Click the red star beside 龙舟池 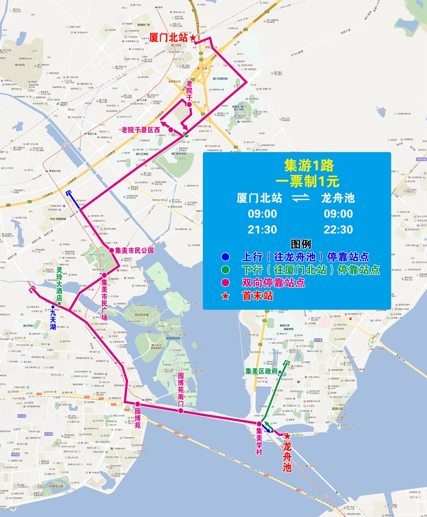287,436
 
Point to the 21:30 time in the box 262,230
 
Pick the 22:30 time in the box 338,230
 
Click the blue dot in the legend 226,257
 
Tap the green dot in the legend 226,270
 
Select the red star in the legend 226,295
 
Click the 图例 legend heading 297,244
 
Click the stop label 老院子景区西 141,130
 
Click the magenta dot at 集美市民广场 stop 105,276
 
